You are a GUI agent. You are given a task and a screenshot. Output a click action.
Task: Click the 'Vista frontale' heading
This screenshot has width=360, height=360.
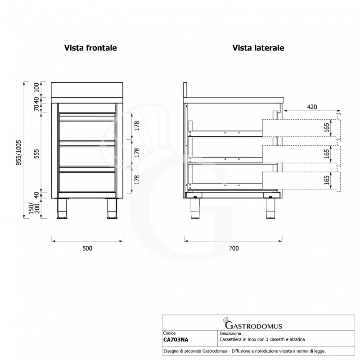(x=90, y=48)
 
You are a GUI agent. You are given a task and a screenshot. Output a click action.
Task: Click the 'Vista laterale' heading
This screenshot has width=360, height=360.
(x=258, y=48)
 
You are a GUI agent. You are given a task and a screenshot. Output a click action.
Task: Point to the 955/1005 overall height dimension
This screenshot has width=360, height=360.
(x=19, y=152)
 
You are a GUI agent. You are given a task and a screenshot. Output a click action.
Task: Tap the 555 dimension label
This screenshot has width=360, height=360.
(x=37, y=154)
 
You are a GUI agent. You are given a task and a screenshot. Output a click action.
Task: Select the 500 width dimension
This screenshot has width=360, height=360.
(x=87, y=248)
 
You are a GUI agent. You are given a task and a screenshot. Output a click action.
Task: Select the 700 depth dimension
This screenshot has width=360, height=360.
(x=234, y=248)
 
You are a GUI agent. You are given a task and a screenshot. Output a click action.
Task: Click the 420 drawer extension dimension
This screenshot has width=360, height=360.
(x=312, y=107)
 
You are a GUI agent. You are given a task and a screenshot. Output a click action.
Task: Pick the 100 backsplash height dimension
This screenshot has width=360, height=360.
(x=37, y=88)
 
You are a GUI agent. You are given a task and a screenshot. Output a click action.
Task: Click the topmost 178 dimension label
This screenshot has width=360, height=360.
(x=137, y=126)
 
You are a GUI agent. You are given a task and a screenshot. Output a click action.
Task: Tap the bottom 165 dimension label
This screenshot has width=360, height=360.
(x=327, y=180)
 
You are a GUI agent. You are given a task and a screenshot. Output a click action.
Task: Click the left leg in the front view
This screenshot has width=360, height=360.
(x=62, y=208)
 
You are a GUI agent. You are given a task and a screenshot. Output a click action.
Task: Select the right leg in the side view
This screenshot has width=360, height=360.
(x=271, y=208)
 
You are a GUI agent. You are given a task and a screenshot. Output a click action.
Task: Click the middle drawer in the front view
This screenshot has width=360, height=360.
(x=87, y=153)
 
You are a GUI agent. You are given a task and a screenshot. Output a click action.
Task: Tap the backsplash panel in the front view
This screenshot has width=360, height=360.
(x=87, y=90)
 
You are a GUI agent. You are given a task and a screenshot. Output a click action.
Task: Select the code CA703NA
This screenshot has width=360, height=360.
(x=176, y=340)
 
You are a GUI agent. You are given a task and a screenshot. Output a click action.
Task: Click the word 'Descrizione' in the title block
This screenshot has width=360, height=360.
(x=230, y=333)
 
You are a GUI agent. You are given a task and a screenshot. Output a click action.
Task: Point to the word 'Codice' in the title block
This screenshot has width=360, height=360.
(x=170, y=333)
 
